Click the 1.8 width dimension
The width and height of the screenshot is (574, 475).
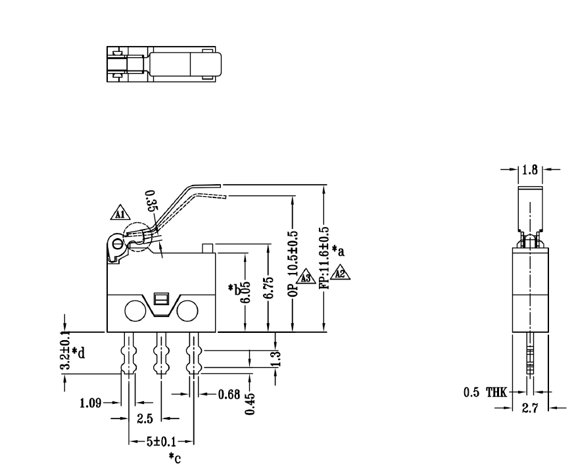click(x=529, y=169)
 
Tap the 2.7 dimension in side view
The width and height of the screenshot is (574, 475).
click(x=529, y=409)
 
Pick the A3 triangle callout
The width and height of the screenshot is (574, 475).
click(x=305, y=278)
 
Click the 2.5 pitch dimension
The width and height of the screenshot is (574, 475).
click(x=145, y=418)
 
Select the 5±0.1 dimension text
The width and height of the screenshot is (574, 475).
click(x=160, y=441)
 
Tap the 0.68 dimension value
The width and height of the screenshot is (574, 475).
click(x=230, y=395)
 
